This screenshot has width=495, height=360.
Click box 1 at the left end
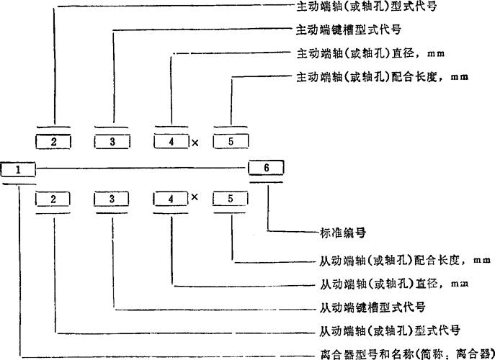tap(19, 169)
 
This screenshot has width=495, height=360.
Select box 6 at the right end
tap(266, 167)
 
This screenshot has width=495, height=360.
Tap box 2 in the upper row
tap(54, 141)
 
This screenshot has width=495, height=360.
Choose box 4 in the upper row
tap(171, 141)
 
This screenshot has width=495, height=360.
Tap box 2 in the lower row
tap(54, 197)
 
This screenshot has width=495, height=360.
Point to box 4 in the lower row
tap(171, 197)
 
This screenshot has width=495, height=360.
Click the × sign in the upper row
tap(195, 143)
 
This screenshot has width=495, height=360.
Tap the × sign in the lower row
tap(195, 197)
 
